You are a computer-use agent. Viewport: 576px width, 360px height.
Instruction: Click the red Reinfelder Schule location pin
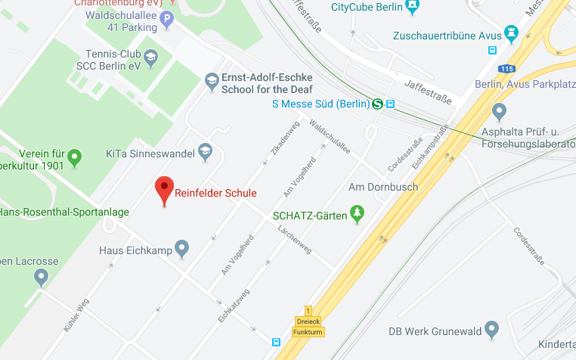point(164,190)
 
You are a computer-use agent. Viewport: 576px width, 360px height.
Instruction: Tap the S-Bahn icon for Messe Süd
point(377,104)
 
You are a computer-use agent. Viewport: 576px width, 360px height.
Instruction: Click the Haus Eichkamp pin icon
point(181,248)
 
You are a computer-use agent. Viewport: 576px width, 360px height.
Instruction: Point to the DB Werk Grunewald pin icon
point(492,329)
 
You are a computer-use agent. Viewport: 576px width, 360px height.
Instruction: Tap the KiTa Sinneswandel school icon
point(204,151)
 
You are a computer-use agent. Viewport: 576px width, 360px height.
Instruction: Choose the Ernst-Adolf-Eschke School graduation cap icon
point(212,79)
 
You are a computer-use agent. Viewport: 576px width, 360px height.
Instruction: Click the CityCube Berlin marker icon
point(412,8)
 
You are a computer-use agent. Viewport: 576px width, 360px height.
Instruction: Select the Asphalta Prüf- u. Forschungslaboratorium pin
point(498,112)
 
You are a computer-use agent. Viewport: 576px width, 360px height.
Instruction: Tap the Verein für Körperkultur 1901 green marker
point(74,158)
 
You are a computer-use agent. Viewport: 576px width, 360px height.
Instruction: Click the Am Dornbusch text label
point(382,186)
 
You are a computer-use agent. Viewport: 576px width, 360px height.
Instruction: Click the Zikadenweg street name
point(280,139)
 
